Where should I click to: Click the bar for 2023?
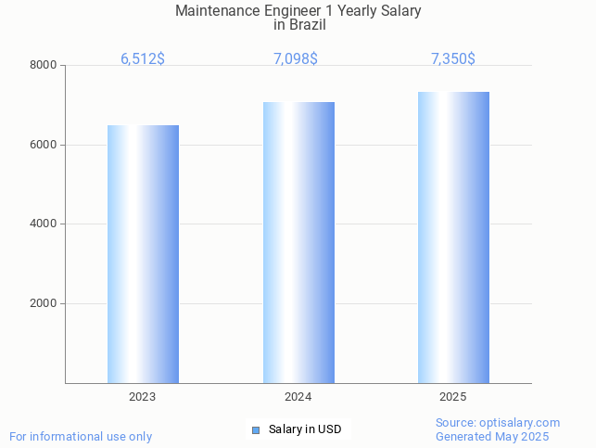(x=143, y=254)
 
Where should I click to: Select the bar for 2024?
(x=298, y=242)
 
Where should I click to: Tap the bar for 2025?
(x=453, y=237)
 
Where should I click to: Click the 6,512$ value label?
(x=143, y=59)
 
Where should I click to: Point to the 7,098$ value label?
(x=296, y=59)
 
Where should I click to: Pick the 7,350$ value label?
(x=453, y=59)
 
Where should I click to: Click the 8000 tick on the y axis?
(x=44, y=66)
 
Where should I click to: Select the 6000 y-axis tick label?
(x=44, y=145)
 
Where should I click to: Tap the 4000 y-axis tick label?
(x=44, y=224)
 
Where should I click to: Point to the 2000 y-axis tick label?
(x=44, y=303)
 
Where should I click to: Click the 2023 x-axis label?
(x=143, y=397)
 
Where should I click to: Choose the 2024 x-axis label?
(x=298, y=397)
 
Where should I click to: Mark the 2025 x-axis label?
(x=453, y=397)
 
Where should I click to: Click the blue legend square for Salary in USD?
(x=256, y=429)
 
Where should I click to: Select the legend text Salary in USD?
(x=305, y=429)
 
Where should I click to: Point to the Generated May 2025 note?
(x=492, y=437)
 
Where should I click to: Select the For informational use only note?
(x=81, y=437)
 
